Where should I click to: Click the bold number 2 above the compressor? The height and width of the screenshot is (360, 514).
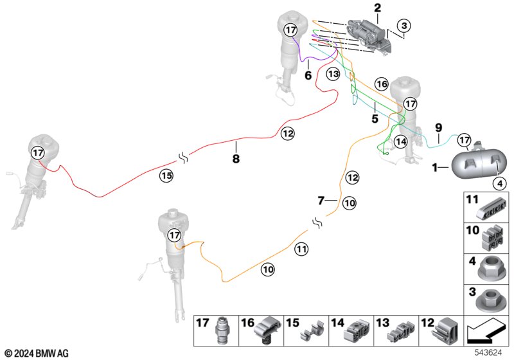[377, 8]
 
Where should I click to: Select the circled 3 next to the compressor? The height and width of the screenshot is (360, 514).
[403, 26]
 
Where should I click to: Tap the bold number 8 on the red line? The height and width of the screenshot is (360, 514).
[236, 157]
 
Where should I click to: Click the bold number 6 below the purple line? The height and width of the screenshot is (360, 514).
[308, 75]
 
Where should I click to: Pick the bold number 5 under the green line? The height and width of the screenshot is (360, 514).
[374, 118]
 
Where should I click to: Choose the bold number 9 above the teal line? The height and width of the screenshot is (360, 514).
[439, 127]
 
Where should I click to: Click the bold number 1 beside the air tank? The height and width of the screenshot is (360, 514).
[435, 168]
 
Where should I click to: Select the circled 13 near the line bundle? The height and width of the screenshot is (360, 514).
[332, 74]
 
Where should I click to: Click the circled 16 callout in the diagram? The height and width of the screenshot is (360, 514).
[382, 84]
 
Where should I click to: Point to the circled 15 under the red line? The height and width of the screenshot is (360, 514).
[166, 174]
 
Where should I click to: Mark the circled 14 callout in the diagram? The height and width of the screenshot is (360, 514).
[401, 141]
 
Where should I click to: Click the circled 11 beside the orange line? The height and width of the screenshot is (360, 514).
[301, 249]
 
